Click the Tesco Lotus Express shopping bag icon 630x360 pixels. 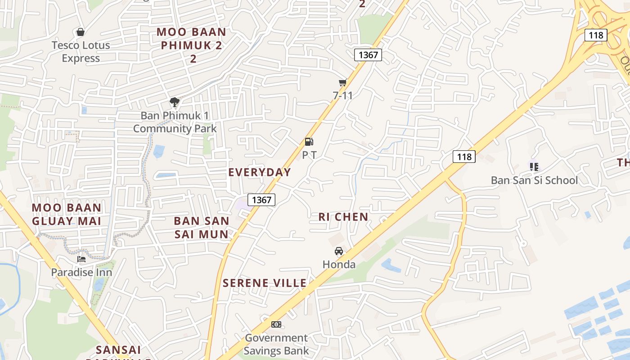(x=81, y=32)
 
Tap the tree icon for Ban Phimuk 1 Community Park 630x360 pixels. (x=175, y=102)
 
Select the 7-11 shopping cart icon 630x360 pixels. (x=343, y=82)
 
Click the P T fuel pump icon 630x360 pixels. (x=309, y=142)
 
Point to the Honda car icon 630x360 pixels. (x=339, y=251)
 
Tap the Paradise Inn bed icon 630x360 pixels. (x=81, y=259)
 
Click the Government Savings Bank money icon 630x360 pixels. (x=276, y=324)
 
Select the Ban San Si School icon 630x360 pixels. (x=534, y=167)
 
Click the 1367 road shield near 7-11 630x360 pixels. (x=368, y=55)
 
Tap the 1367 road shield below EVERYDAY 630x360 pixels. (x=261, y=200)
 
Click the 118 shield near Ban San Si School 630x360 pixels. (x=464, y=157)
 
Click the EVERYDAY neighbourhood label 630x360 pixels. (x=260, y=172)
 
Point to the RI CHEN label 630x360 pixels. (x=343, y=217)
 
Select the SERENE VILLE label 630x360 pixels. (x=265, y=283)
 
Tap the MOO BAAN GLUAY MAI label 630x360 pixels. (x=67, y=214)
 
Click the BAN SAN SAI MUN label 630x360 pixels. (x=202, y=227)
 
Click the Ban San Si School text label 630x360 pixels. (x=534, y=180)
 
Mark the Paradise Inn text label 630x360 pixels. (x=81, y=272)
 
